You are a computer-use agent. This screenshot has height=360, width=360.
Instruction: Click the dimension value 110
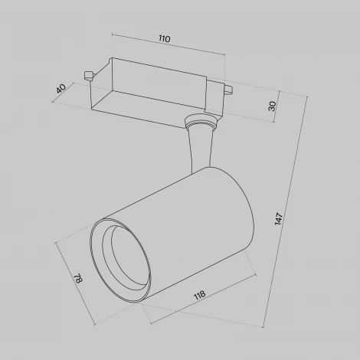(164, 38)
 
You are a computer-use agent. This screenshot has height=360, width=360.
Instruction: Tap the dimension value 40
(61, 89)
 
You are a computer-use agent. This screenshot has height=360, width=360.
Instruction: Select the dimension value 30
(272, 106)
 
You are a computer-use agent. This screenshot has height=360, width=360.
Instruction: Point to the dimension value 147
(279, 218)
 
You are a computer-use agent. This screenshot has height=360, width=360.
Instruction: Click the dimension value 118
(200, 295)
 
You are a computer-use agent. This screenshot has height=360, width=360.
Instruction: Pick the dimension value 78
(78, 279)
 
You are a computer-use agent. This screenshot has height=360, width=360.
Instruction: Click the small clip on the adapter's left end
(89, 75)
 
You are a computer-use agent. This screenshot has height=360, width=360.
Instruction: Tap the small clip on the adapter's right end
(228, 90)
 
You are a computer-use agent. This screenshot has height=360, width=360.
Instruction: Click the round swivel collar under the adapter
(201, 122)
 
